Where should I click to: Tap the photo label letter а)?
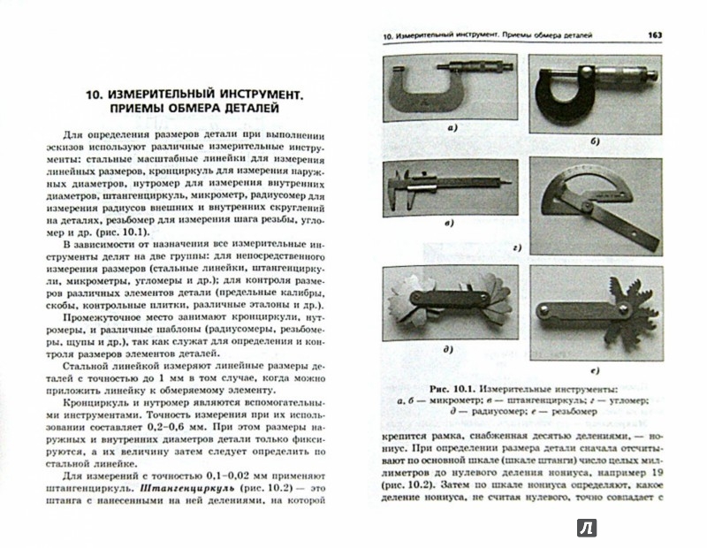[452, 129]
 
